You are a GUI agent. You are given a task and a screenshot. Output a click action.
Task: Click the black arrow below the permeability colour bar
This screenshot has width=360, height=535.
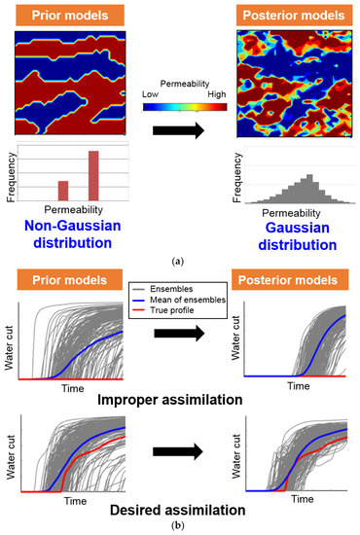tap(179, 130)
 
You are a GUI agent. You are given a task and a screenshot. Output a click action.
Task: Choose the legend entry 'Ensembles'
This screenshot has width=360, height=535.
tap(190, 291)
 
